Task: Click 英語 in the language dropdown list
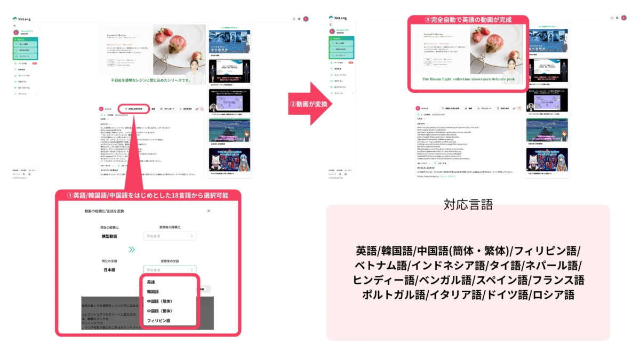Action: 151,282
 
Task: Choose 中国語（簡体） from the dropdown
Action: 159,301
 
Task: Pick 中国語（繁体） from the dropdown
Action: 159,311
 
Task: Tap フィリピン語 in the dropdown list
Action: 158,321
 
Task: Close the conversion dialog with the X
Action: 209,211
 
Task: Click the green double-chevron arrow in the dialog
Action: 132,249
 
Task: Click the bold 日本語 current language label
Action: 109,270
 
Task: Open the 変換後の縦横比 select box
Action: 170,236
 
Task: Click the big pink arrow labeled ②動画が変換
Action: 310,104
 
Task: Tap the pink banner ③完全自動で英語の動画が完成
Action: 468,20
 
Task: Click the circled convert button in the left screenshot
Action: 133,109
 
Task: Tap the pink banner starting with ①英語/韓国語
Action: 148,195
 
